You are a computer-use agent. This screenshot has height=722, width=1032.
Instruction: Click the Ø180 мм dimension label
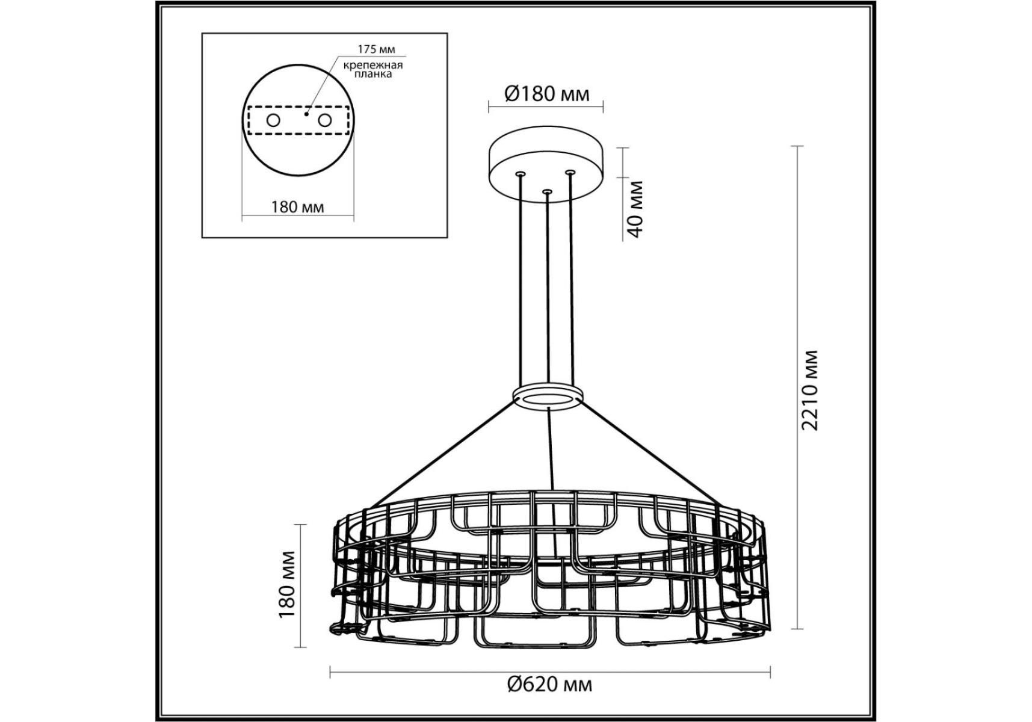click(546, 94)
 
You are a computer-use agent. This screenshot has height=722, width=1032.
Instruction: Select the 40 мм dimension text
click(635, 208)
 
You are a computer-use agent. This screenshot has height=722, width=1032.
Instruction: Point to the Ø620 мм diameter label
click(549, 684)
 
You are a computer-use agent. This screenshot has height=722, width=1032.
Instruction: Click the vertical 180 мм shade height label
click(287, 584)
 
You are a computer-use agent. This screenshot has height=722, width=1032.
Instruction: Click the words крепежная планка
click(373, 69)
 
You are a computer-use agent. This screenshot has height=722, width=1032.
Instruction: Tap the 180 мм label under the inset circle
click(297, 207)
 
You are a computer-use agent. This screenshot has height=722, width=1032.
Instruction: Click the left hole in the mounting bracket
click(273, 120)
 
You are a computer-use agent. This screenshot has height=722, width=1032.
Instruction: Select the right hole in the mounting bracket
click(325, 120)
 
